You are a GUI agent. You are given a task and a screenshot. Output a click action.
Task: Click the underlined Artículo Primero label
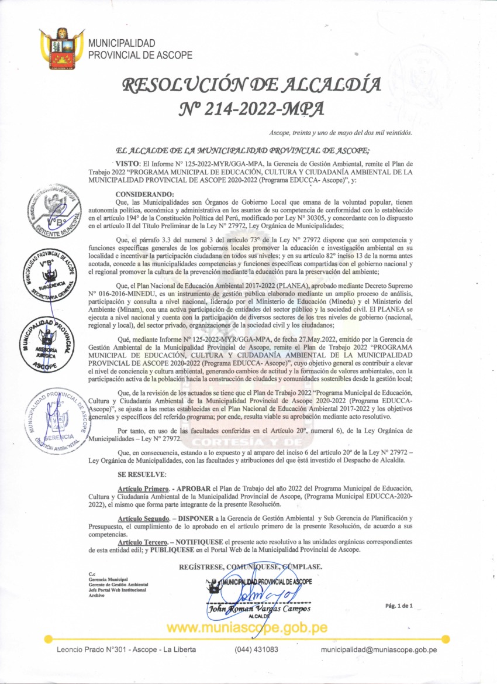point(143,488)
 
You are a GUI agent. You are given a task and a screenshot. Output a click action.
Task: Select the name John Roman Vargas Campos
point(260,609)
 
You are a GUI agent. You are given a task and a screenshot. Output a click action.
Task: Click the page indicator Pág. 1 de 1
point(398,606)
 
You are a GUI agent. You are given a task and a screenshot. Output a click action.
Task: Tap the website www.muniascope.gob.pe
point(248,628)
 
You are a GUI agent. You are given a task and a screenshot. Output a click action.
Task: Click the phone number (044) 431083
point(257,649)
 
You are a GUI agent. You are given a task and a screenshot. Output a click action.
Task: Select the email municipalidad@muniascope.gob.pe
point(379,649)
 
